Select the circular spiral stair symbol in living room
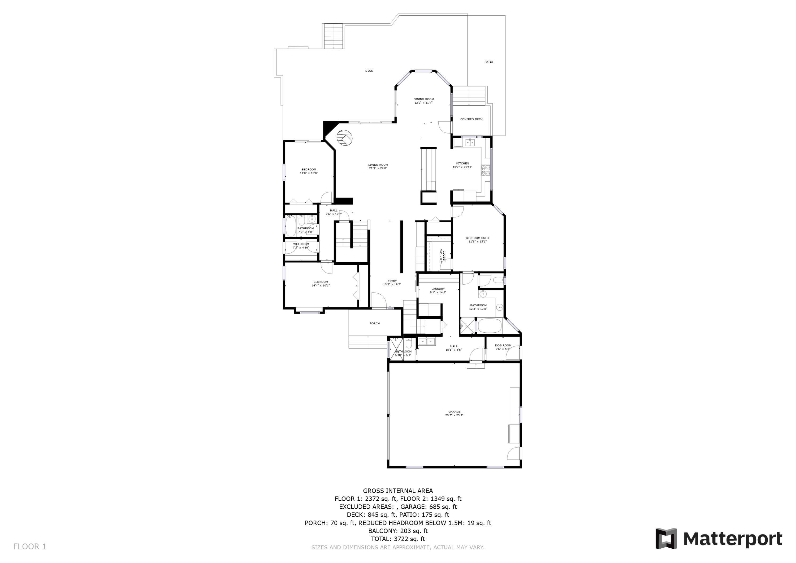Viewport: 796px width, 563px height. pyautogui.click(x=345, y=139)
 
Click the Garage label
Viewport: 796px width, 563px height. pyautogui.click(x=454, y=412)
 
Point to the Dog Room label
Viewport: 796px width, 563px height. pyautogui.click(x=503, y=346)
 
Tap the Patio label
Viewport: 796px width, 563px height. pyautogui.click(x=488, y=62)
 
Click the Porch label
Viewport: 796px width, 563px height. pyautogui.click(x=374, y=324)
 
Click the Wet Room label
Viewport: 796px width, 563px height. pyautogui.click(x=301, y=244)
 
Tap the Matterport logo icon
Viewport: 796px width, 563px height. pyautogui.click(x=666, y=539)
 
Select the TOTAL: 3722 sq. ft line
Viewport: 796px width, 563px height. pyautogui.click(x=398, y=539)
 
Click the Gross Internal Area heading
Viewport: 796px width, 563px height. pyautogui.click(x=398, y=491)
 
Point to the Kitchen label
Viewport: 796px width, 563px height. pyautogui.click(x=462, y=164)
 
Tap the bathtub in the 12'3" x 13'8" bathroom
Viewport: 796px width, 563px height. pyautogui.click(x=489, y=326)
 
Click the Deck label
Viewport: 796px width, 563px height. pyautogui.click(x=369, y=71)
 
